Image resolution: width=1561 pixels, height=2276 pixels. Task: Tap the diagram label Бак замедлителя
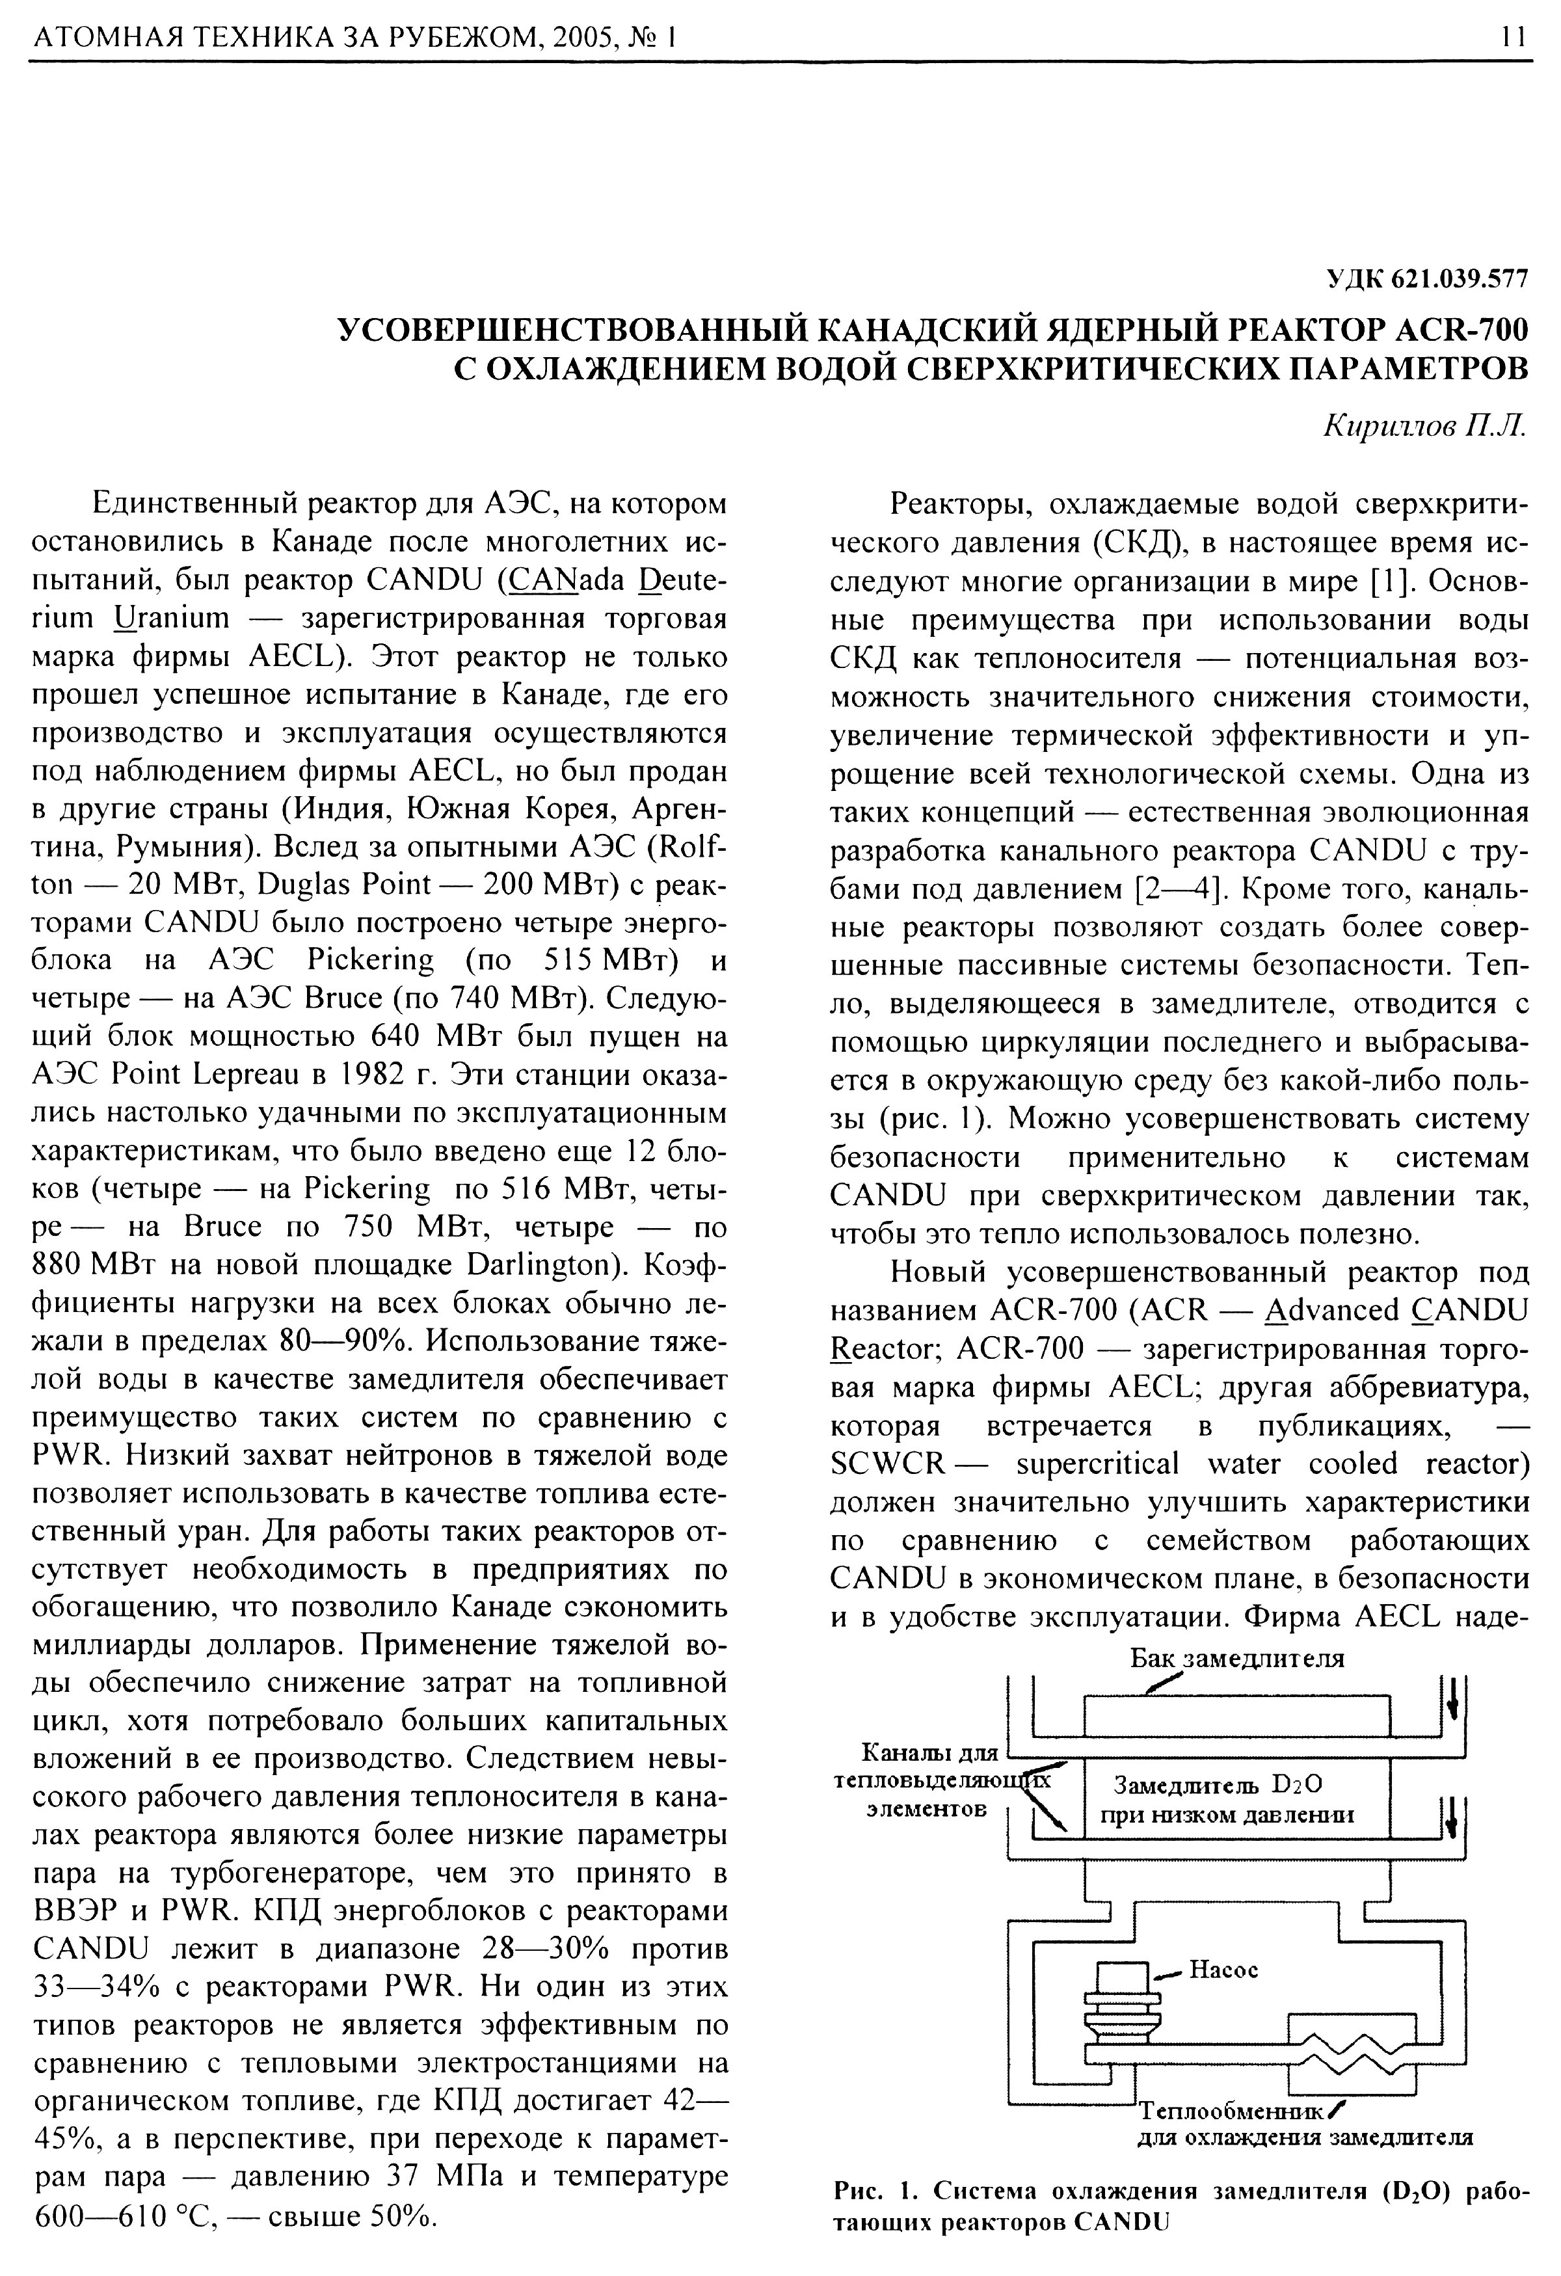(1237, 1658)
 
